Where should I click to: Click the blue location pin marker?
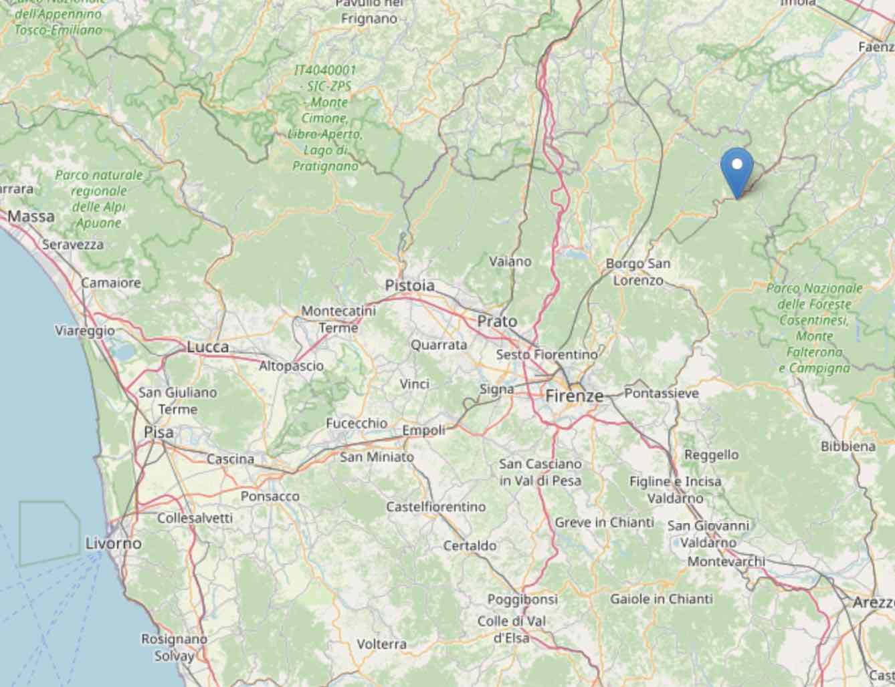(x=737, y=166)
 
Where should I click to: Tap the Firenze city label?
(x=574, y=396)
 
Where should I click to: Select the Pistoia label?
(x=409, y=285)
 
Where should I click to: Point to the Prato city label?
(x=497, y=321)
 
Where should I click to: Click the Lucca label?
(x=207, y=347)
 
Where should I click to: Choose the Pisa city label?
(x=159, y=432)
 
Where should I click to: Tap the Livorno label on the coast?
(x=114, y=543)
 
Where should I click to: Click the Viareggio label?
(x=85, y=331)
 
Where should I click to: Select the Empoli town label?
(x=423, y=431)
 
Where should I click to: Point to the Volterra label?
(x=381, y=644)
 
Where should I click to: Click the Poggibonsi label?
(x=522, y=599)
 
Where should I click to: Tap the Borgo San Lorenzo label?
(x=638, y=272)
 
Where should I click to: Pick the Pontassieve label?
(x=661, y=394)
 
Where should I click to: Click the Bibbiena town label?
(x=848, y=446)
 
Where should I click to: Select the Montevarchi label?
(x=726, y=561)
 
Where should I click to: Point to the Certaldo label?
(x=470, y=546)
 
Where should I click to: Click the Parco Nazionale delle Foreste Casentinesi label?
(x=814, y=327)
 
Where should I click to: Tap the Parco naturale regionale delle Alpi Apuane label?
(x=99, y=198)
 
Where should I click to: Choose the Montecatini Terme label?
(x=338, y=319)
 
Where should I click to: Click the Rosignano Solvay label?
(x=174, y=648)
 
